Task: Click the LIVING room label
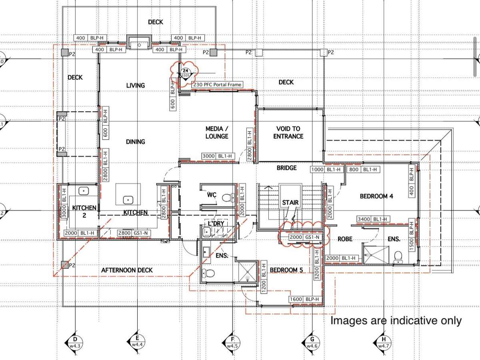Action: click(135, 85)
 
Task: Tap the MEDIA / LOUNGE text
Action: click(217, 132)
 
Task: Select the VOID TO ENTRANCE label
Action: click(288, 132)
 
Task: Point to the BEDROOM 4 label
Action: click(376, 196)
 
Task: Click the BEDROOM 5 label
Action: click(286, 270)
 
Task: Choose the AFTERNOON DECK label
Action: click(127, 270)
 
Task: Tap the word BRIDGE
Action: click(287, 168)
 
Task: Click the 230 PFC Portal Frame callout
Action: click(217, 85)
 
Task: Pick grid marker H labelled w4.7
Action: click(383, 342)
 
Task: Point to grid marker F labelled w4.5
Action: click(232, 342)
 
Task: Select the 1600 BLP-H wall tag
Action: click(305, 299)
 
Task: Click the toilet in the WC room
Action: click(228, 197)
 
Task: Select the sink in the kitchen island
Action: click(128, 199)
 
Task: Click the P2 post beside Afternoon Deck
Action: click(64, 264)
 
